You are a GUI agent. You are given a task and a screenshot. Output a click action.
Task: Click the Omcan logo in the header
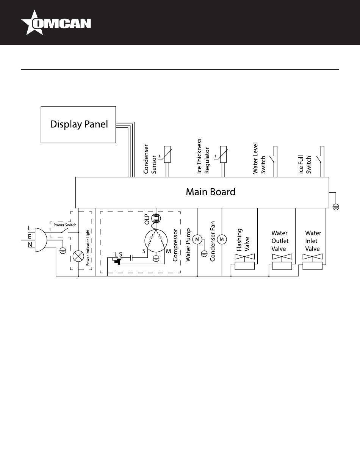click(56, 23)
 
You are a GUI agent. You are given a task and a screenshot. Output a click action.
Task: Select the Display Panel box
click(78, 124)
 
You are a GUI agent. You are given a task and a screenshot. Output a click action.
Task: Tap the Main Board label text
click(210, 192)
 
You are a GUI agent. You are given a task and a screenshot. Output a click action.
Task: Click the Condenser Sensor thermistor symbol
click(167, 155)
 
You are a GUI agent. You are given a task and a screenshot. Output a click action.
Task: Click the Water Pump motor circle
click(197, 239)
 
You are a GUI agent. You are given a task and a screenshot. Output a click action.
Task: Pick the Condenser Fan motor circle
click(222, 239)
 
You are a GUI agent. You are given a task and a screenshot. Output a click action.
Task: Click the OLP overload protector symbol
click(156, 218)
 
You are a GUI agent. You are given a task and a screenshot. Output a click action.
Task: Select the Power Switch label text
click(65, 225)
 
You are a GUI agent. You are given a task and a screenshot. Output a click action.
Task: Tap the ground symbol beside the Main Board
click(335, 206)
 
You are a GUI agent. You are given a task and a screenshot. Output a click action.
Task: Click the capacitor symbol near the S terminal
click(131, 258)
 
